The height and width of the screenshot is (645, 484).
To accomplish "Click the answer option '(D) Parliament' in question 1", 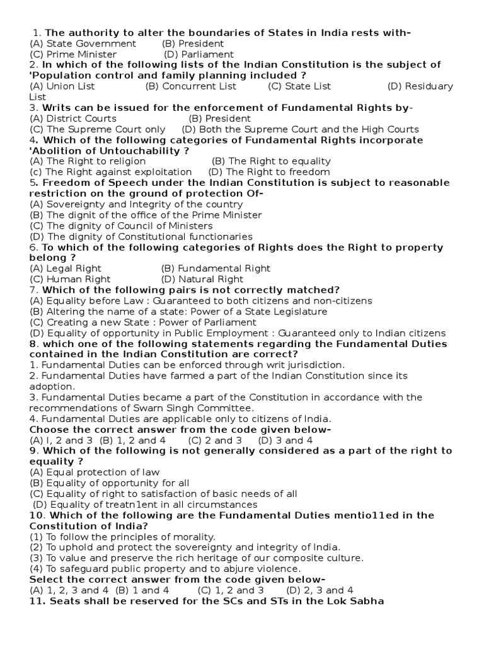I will (199, 54).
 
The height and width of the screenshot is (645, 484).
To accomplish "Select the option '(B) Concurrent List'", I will (190, 86).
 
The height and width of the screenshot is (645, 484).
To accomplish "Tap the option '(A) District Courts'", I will (73, 118).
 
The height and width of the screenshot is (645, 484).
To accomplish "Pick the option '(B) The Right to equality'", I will (271, 161).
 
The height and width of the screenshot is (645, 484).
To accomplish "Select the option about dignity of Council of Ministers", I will (121, 225).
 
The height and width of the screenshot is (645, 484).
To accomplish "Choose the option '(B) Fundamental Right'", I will (216, 268).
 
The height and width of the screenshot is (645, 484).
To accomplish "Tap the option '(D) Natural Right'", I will (202, 279).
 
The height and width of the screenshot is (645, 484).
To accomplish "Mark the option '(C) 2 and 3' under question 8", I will (214, 440).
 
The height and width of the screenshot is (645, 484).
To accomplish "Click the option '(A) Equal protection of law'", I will (95, 472).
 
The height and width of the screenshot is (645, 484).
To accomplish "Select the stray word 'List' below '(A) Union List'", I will (38, 97).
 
